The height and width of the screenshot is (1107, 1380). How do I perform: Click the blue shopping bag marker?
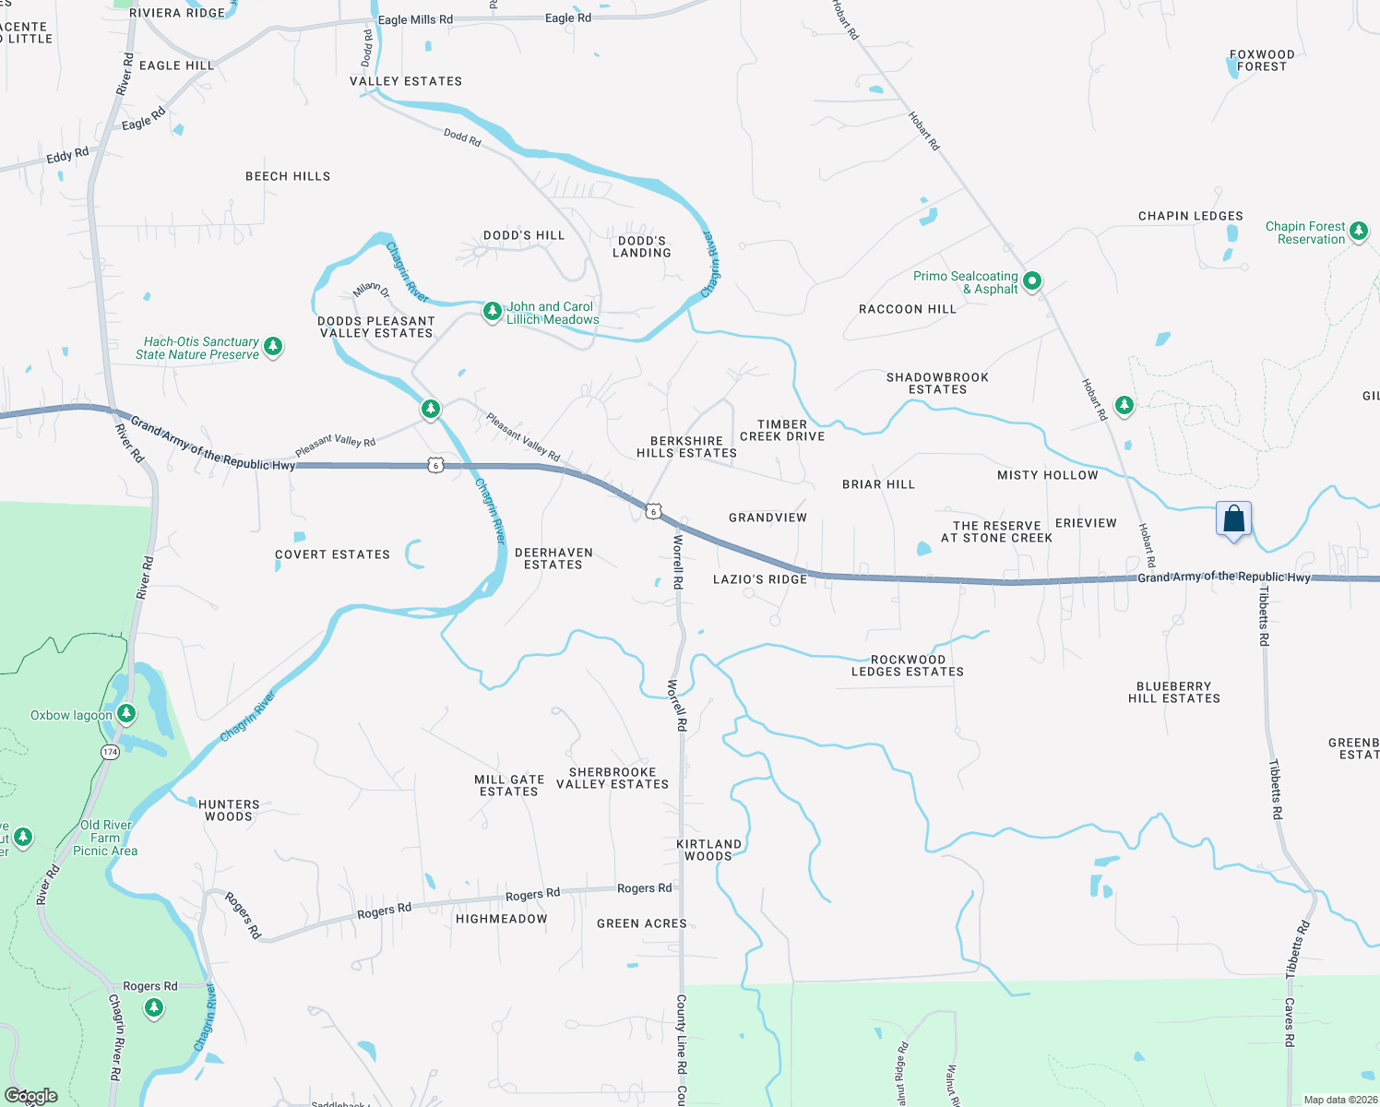click(x=1233, y=519)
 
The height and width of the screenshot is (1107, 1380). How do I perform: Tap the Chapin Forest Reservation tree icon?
click(x=1359, y=232)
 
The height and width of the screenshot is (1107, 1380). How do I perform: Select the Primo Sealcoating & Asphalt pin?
click(x=1032, y=280)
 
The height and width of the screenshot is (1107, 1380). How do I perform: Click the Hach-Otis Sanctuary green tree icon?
click(x=273, y=347)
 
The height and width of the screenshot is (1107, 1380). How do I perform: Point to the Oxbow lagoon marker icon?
click(x=126, y=714)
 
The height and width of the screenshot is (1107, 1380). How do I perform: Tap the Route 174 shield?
click(x=111, y=752)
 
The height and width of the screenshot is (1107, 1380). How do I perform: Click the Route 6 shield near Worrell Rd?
click(x=653, y=511)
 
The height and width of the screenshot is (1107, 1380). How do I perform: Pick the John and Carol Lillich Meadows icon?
click(x=493, y=312)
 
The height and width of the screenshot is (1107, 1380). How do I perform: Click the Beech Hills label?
click(x=288, y=176)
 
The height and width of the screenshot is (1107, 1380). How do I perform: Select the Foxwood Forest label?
click(x=1262, y=61)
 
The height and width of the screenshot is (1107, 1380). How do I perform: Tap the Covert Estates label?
click(x=332, y=554)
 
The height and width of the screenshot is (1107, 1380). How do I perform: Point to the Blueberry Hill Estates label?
click(x=1173, y=693)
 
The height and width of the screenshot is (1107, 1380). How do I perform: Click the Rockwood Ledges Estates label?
click(x=908, y=666)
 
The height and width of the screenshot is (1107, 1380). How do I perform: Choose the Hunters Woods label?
click(x=229, y=811)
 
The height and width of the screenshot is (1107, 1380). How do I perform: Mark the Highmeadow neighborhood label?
click(x=502, y=919)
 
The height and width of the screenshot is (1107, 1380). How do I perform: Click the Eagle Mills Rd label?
click(x=415, y=19)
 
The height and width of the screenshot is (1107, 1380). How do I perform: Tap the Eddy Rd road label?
click(x=67, y=156)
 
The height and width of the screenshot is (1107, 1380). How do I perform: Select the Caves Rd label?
click(x=1290, y=1022)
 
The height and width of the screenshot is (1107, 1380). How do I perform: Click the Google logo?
click(x=30, y=1096)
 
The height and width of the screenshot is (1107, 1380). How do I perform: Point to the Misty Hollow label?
click(x=1048, y=475)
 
